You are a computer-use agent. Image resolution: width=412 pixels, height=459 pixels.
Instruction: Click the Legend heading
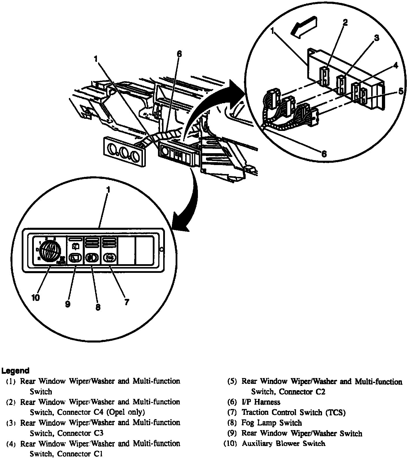tap(15, 371)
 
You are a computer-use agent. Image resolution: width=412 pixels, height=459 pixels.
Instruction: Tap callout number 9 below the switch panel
tap(67, 304)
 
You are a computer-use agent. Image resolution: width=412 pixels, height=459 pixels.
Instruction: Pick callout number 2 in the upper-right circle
tap(345, 23)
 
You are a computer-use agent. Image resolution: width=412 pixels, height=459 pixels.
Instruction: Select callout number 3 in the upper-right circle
tap(376, 38)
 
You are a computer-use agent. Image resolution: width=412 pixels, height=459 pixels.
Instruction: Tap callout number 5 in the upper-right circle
tap(401, 92)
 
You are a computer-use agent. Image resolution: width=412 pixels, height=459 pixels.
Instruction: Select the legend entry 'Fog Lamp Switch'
tap(271, 423)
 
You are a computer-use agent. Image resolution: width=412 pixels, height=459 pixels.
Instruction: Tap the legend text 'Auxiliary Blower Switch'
tap(283, 443)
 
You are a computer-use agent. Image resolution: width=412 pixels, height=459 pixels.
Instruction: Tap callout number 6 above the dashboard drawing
tap(179, 54)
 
